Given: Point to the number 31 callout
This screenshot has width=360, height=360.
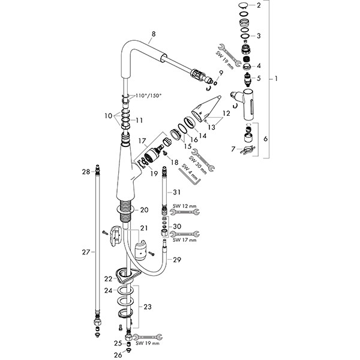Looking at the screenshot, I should (175, 192).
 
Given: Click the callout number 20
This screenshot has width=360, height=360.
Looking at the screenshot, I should (144, 210).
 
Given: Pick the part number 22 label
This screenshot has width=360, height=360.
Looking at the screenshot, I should (107, 278).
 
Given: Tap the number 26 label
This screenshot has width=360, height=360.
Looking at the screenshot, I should (118, 354).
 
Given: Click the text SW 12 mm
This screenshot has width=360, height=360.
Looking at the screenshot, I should (184, 206).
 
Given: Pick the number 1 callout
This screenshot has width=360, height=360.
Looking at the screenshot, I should (275, 79).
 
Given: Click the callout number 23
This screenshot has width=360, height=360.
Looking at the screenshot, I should (148, 307).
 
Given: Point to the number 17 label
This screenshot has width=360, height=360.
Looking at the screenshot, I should (142, 140).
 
